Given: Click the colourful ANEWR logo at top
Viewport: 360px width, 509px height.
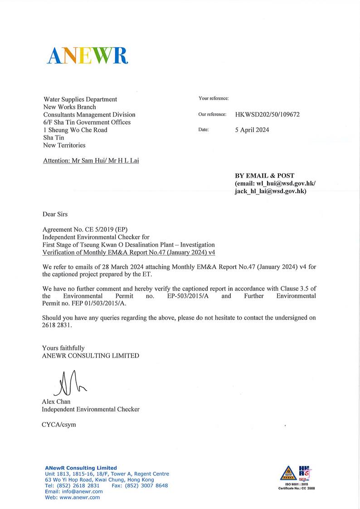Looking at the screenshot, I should (88, 56).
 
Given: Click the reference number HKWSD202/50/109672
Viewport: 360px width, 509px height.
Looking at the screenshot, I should (267, 115).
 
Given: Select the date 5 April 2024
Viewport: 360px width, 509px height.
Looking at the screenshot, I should (252, 130).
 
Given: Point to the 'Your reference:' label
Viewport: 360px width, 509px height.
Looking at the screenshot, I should (213, 98).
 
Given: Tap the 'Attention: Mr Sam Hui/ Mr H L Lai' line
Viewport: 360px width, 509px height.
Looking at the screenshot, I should (91, 161).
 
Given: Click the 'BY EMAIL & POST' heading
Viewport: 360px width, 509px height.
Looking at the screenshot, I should (264, 175).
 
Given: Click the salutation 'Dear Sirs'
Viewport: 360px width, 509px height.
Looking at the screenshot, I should (55, 214).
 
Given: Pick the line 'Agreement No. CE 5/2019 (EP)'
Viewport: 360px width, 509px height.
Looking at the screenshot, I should (88, 229).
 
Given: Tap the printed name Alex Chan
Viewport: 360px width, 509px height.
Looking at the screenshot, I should (56, 402).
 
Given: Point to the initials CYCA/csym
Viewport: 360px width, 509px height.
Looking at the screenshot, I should (59, 425).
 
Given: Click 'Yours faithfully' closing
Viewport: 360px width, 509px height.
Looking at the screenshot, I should (63, 348).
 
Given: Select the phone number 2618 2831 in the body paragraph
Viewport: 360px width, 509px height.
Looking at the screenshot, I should (57, 325).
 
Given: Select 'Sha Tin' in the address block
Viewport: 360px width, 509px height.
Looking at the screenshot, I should (54, 137).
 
